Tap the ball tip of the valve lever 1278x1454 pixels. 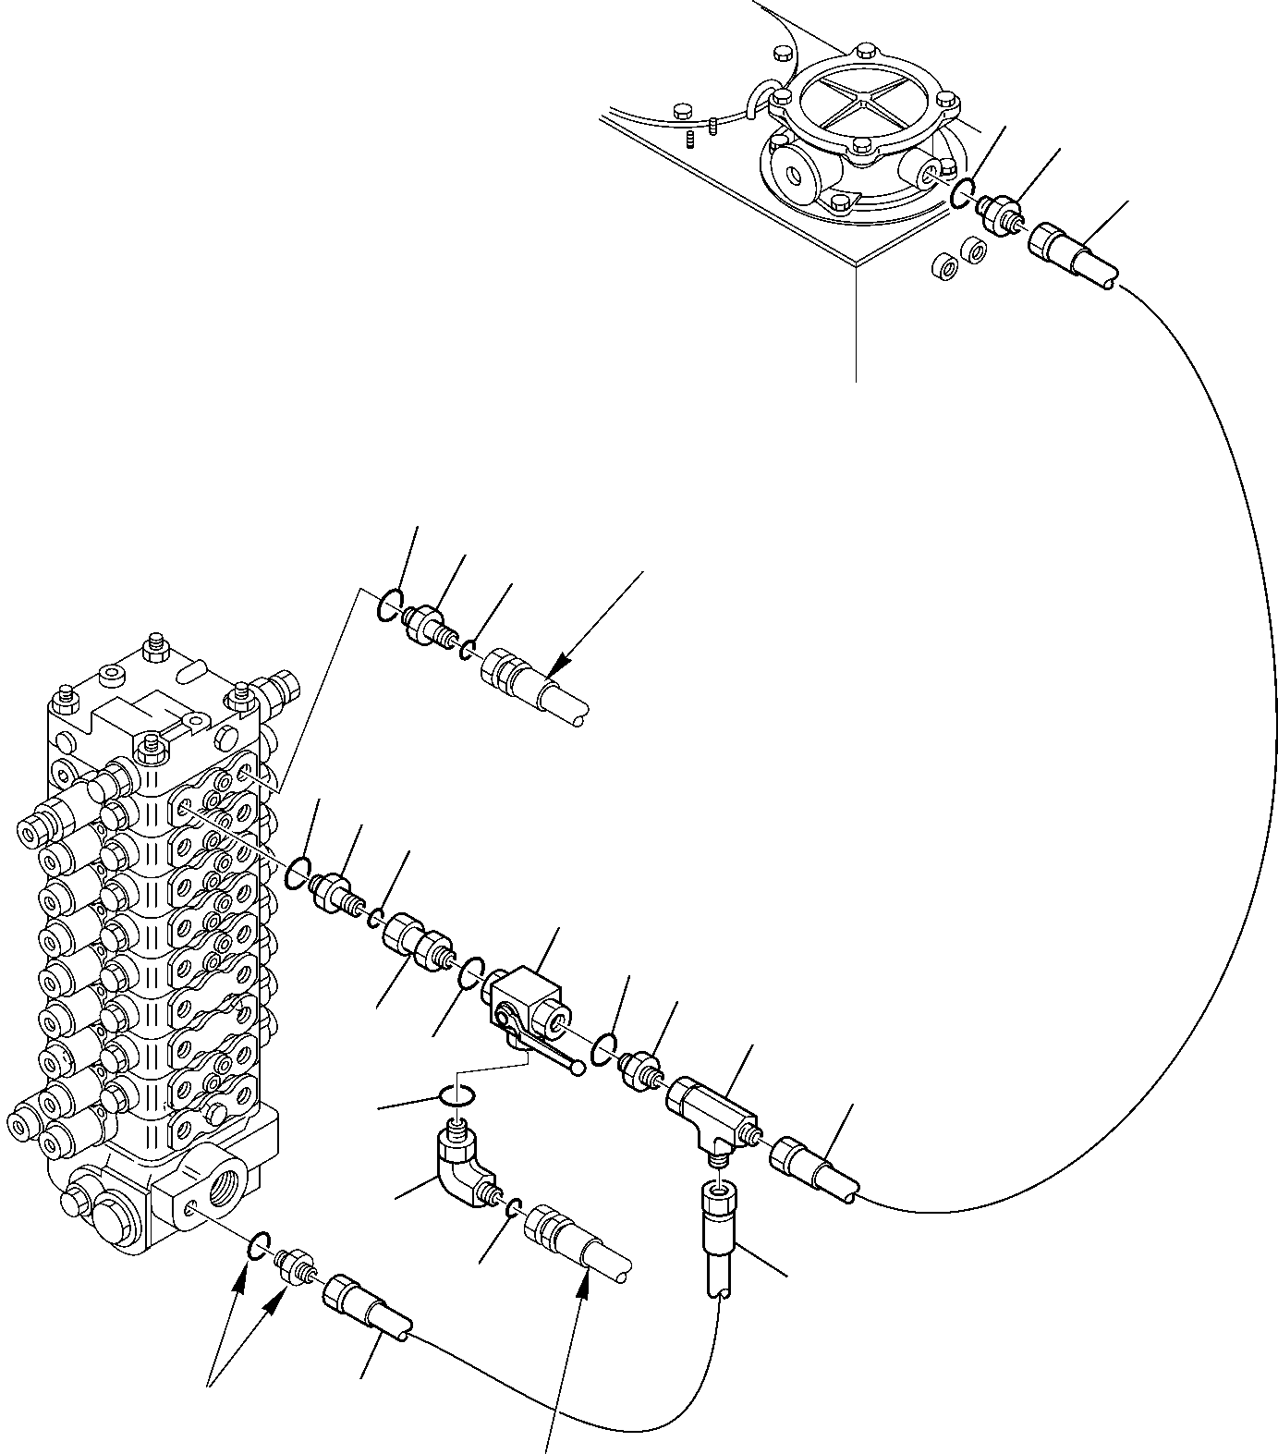pos(578,1070)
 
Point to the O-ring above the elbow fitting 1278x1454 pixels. pos(458,1096)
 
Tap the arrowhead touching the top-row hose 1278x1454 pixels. pos(552,672)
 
